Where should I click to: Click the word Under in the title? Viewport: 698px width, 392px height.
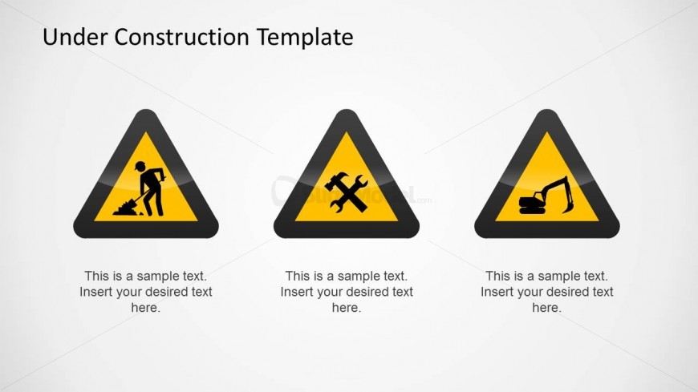pyautogui.click(x=75, y=37)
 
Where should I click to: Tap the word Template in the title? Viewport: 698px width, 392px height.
pyautogui.click(x=305, y=38)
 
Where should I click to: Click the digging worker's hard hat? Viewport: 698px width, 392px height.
pyautogui.click(x=140, y=166)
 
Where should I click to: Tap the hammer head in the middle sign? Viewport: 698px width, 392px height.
pyautogui.click(x=334, y=180)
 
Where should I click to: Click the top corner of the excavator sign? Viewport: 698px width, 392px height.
pyautogui.click(x=547, y=110)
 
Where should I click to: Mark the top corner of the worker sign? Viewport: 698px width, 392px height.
pyautogui.click(x=146, y=110)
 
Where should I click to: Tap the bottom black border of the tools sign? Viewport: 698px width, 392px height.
pyautogui.click(x=347, y=229)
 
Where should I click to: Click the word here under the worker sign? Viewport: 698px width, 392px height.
pyautogui.click(x=145, y=308)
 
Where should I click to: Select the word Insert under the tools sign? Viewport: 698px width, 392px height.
pyautogui.click(x=295, y=292)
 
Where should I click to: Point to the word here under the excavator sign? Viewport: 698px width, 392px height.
pyautogui.click(x=546, y=308)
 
